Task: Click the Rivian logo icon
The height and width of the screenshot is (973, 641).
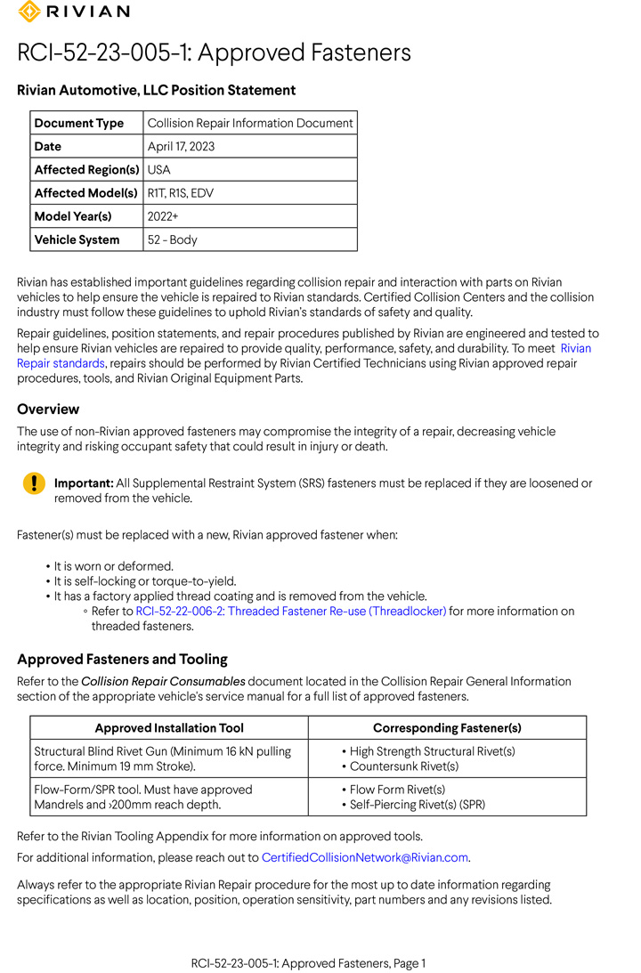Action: [x=28, y=12]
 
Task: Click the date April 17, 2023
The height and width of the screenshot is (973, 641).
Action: [x=181, y=146]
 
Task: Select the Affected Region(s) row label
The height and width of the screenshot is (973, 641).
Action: [x=85, y=169]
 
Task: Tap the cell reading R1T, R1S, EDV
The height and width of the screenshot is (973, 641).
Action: [x=180, y=192]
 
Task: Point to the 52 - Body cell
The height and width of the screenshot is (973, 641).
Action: [x=172, y=239]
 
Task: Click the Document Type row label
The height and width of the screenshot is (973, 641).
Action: [x=78, y=123]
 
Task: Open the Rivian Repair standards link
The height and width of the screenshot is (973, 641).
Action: [x=61, y=363]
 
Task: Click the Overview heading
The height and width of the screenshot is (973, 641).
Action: [x=48, y=409]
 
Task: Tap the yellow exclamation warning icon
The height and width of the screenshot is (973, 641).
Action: [x=33, y=483]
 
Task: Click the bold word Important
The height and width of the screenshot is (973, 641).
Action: [x=84, y=483]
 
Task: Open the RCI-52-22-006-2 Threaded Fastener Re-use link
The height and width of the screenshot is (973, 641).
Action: [x=290, y=612]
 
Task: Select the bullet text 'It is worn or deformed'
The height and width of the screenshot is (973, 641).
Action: [x=113, y=566]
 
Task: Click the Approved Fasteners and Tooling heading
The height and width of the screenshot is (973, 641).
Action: [x=122, y=659]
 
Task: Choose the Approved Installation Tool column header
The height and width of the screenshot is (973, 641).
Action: [x=169, y=727]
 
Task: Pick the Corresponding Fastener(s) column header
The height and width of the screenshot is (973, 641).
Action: [x=447, y=727]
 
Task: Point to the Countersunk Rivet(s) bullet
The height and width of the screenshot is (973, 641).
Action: [x=404, y=766]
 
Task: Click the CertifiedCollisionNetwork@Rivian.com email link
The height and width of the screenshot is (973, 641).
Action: [x=365, y=857]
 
